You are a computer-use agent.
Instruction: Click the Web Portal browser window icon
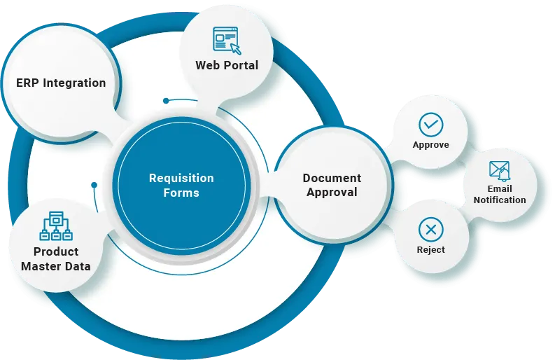click(x=227, y=40)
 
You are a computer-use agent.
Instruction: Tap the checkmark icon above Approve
click(x=430, y=125)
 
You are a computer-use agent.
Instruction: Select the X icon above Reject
click(x=430, y=229)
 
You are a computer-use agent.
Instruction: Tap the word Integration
click(x=74, y=83)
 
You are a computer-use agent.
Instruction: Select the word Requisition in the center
click(x=181, y=178)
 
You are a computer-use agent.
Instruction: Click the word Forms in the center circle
click(x=181, y=193)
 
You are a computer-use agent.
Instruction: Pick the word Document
click(x=332, y=178)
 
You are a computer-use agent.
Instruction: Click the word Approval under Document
click(x=332, y=192)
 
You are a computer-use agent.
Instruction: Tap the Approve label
click(x=430, y=145)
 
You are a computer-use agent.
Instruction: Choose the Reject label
click(x=430, y=249)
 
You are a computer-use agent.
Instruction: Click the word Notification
click(x=500, y=200)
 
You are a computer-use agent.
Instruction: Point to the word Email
click(x=500, y=188)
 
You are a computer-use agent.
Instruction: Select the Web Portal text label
click(x=227, y=65)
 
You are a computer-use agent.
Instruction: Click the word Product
click(x=55, y=251)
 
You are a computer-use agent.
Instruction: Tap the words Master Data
click(x=55, y=265)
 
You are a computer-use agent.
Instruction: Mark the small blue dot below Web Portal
click(x=166, y=101)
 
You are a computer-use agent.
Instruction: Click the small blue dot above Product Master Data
click(x=93, y=185)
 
